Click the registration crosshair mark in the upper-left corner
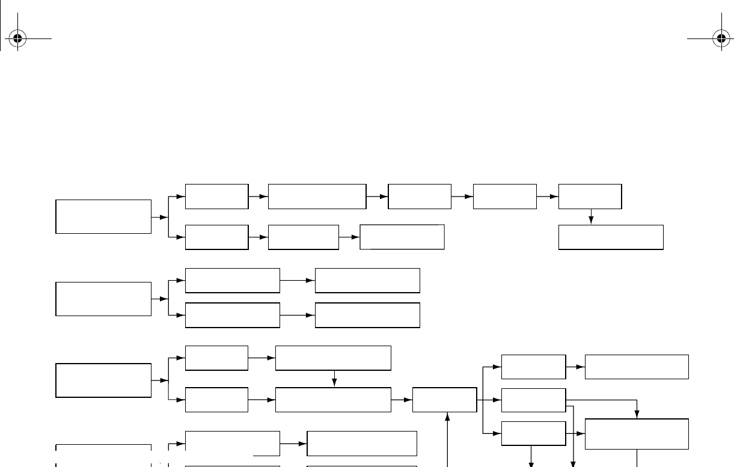pos(17,39)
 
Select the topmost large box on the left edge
pos(103,216)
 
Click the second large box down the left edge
pos(103,299)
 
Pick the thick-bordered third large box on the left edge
pos(103,380)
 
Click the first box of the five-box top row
pos(216,197)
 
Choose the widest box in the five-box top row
pos(317,197)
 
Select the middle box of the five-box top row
pos(420,197)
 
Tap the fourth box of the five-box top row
pos(504,197)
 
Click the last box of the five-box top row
pos(590,197)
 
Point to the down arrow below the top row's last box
pos(591,219)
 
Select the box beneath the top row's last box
pos(611,237)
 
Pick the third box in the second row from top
pos(402,237)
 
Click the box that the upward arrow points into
pos(444,400)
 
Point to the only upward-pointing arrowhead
pos(447,415)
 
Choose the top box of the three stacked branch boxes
pos(533,367)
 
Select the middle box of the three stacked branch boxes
pos(533,400)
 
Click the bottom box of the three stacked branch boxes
pos(533,433)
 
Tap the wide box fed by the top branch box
pos(636,367)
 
